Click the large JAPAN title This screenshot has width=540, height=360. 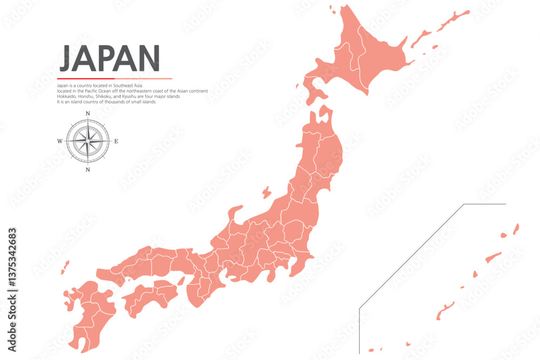coord(109,58)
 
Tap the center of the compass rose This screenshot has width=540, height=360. coord(87,141)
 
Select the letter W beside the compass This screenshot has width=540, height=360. coord(59,141)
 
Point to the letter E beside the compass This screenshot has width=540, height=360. coord(116,141)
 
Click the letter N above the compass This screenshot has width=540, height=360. coord(87,113)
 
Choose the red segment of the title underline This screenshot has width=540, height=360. coord(78,79)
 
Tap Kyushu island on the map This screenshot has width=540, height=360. coord(89,313)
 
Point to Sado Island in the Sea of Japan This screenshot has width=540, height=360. coord(266,192)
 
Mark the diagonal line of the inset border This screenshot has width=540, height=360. coord(410,256)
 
